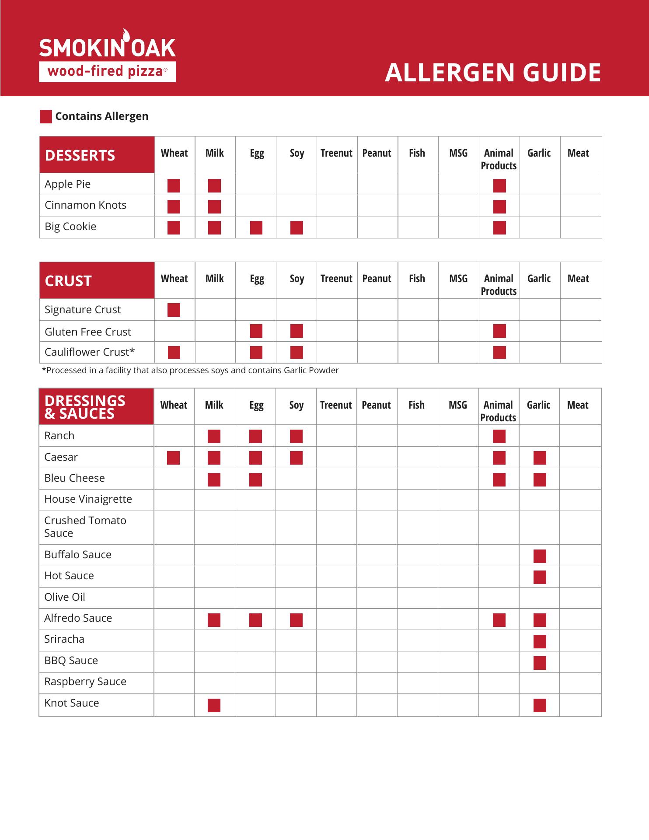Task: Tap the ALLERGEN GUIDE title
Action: [x=492, y=73]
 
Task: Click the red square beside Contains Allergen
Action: [x=46, y=117]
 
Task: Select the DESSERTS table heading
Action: [x=80, y=155]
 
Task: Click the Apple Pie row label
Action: [x=68, y=184]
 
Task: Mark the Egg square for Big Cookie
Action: [x=256, y=228]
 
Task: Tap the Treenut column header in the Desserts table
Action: [x=336, y=153]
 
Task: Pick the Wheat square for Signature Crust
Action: [x=174, y=310]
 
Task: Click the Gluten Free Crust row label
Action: [x=88, y=332]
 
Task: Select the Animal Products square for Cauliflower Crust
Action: [x=499, y=353]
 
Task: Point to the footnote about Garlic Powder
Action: [x=190, y=371]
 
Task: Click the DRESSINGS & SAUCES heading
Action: [x=85, y=407]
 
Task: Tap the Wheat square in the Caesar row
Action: [x=173, y=458]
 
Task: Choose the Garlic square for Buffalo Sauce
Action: [x=540, y=556]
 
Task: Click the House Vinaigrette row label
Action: [x=88, y=499]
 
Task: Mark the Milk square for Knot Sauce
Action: [x=214, y=706]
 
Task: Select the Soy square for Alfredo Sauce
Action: [x=296, y=620]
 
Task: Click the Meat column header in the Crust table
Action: [x=578, y=279]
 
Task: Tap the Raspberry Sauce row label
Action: [x=85, y=682]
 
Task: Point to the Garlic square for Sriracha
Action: [x=540, y=642]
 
